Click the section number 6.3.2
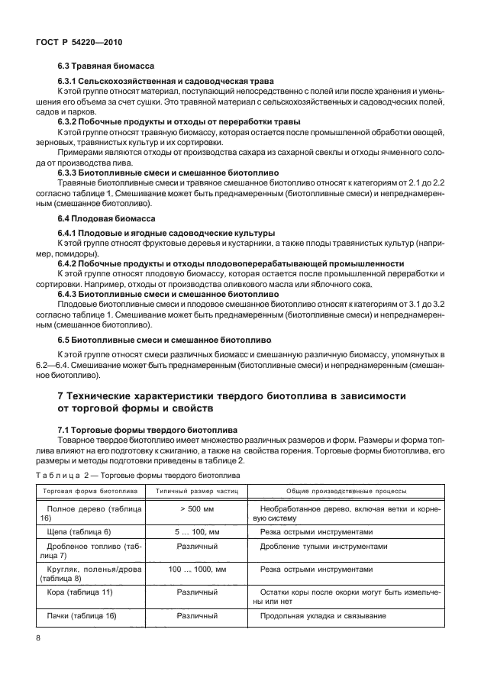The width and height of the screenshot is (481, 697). click(71, 121)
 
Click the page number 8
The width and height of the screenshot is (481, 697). click(38, 635)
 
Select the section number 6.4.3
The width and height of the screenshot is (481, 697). click(71, 292)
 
